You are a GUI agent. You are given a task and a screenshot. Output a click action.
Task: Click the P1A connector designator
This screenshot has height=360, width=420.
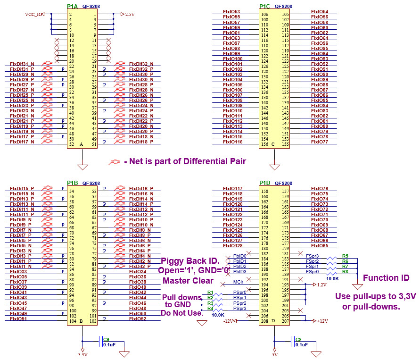tap(73, 6)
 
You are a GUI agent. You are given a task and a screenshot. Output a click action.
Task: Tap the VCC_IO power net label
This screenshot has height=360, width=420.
tap(33, 14)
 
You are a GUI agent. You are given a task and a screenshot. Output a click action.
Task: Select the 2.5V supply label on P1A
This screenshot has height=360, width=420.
tap(130, 14)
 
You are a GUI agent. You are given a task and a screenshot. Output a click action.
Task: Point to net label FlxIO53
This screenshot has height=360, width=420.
tap(231, 12)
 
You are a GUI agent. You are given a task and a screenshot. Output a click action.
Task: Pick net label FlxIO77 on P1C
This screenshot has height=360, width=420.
tap(320, 142)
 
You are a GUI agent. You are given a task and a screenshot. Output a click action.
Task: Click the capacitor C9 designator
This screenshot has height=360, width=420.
tap(106, 339)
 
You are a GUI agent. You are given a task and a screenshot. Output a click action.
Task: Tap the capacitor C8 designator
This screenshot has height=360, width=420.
tap(298, 339)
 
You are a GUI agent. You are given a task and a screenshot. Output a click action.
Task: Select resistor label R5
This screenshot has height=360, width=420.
tap(345, 256)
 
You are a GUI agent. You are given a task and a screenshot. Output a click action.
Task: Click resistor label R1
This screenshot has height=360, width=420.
tap(210, 293)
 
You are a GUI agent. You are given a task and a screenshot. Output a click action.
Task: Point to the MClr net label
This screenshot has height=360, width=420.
tap(239, 282)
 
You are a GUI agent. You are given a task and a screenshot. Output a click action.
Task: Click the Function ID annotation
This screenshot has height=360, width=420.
tap(386, 278)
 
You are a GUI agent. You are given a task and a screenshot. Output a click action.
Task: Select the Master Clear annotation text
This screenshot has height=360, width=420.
tap(188, 281)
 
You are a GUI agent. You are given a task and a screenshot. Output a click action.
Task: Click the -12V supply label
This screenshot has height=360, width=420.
tap(229, 321)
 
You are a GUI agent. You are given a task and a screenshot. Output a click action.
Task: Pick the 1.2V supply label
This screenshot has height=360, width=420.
tap(321, 285)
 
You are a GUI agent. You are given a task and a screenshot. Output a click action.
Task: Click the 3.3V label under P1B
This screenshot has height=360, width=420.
tap(82, 354)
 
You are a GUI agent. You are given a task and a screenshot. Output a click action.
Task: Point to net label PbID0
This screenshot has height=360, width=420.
tap(239, 256)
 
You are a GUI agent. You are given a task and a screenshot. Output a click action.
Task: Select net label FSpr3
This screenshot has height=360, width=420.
tap(312, 256)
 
